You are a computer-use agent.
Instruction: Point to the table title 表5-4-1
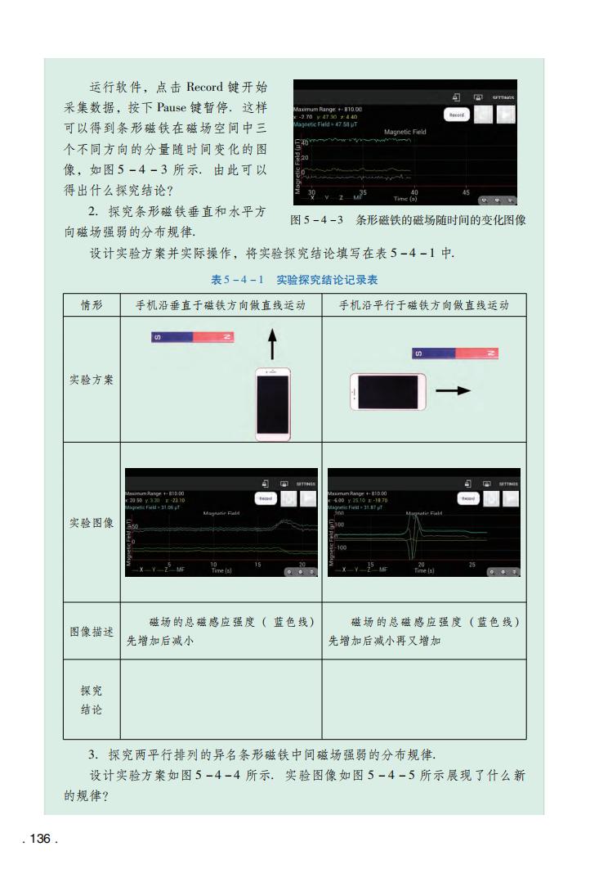tap(238, 280)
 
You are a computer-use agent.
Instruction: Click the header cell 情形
tap(92, 305)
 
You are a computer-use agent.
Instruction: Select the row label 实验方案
tap(92, 380)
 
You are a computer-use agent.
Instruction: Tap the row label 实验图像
tap(92, 522)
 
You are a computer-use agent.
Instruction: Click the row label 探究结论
tap(92, 700)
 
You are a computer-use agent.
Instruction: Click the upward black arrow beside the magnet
tap(272, 344)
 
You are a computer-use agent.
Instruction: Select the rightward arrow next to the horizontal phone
tap(453, 391)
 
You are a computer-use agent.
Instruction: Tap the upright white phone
tap(273, 404)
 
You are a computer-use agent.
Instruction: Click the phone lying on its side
tap(388, 392)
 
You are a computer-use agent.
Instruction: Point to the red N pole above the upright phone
tap(213, 337)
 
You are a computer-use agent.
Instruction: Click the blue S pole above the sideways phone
tap(433, 353)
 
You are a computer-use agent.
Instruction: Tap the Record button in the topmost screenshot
tap(456, 115)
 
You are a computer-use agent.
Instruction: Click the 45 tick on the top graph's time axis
tap(466, 192)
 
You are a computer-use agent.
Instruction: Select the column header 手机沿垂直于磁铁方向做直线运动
tap(220, 305)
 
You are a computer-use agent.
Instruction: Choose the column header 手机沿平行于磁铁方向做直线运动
tap(423, 305)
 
